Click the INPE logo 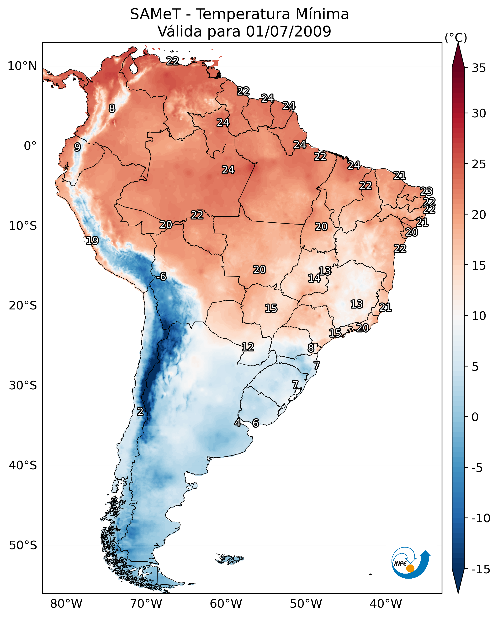click(x=411, y=564)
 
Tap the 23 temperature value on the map click(x=426, y=191)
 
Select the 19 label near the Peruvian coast click(x=92, y=241)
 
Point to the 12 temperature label click(x=248, y=347)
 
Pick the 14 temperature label click(x=314, y=278)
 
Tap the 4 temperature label click(x=238, y=423)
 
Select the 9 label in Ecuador click(x=77, y=147)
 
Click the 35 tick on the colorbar click(x=479, y=68)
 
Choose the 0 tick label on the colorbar click(x=475, y=417)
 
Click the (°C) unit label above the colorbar click(x=456, y=37)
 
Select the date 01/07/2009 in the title click(x=288, y=31)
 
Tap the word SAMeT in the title click(x=155, y=14)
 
